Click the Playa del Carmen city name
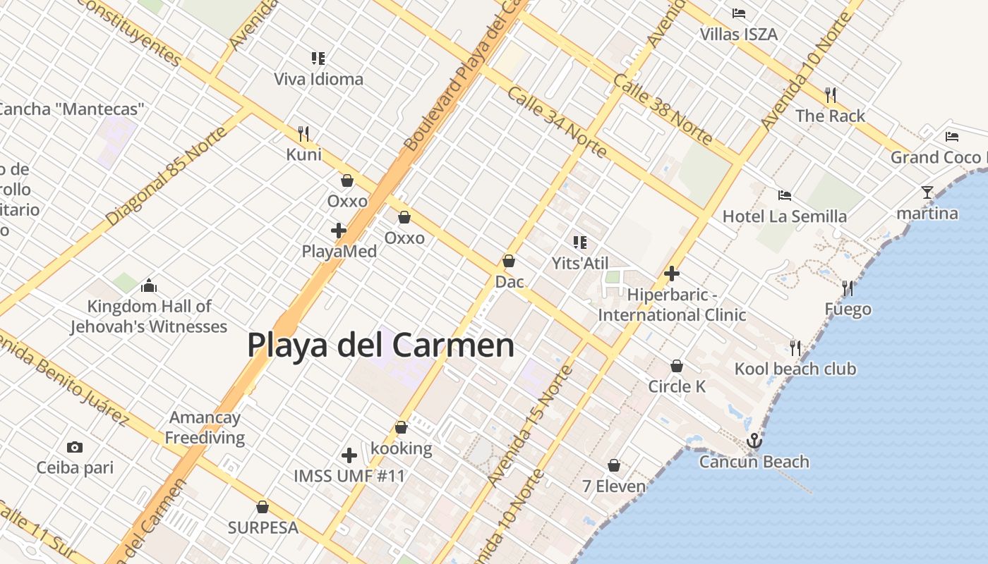pyautogui.click(x=380, y=345)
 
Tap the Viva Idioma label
pyautogui.click(x=318, y=79)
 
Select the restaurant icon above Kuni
pyautogui.click(x=303, y=133)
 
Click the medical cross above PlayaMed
pyautogui.click(x=339, y=231)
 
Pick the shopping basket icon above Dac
pyautogui.click(x=508, y=261)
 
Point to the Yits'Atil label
pyautogui.click(x=579, y=263)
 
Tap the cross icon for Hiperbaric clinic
pyautogui.click(x=672, y=274)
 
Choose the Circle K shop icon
pyautogui.click(x=676, y=366)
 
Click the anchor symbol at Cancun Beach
pyautogui.click(x=754, y=441)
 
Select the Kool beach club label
pyautogui.click(x=795, y=369)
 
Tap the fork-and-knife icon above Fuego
pyautogui.click(x=848, y=288)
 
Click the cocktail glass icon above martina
pyautogui.click(x=927, y=192)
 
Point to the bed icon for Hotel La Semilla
pyautogui.click(x=784, y=195)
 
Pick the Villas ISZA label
pyautogui.click(x=738, y=34)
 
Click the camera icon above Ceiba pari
pyautogui.click(x=74, y=447)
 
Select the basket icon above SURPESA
pyautogui.click(x=263, y=507)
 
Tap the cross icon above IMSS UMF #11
pyautogui.click(x=349, y=455)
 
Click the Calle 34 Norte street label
pyautogui.click(x=557, y=122)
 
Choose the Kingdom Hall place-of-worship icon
pyautogui.click(x=148, y=286)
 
